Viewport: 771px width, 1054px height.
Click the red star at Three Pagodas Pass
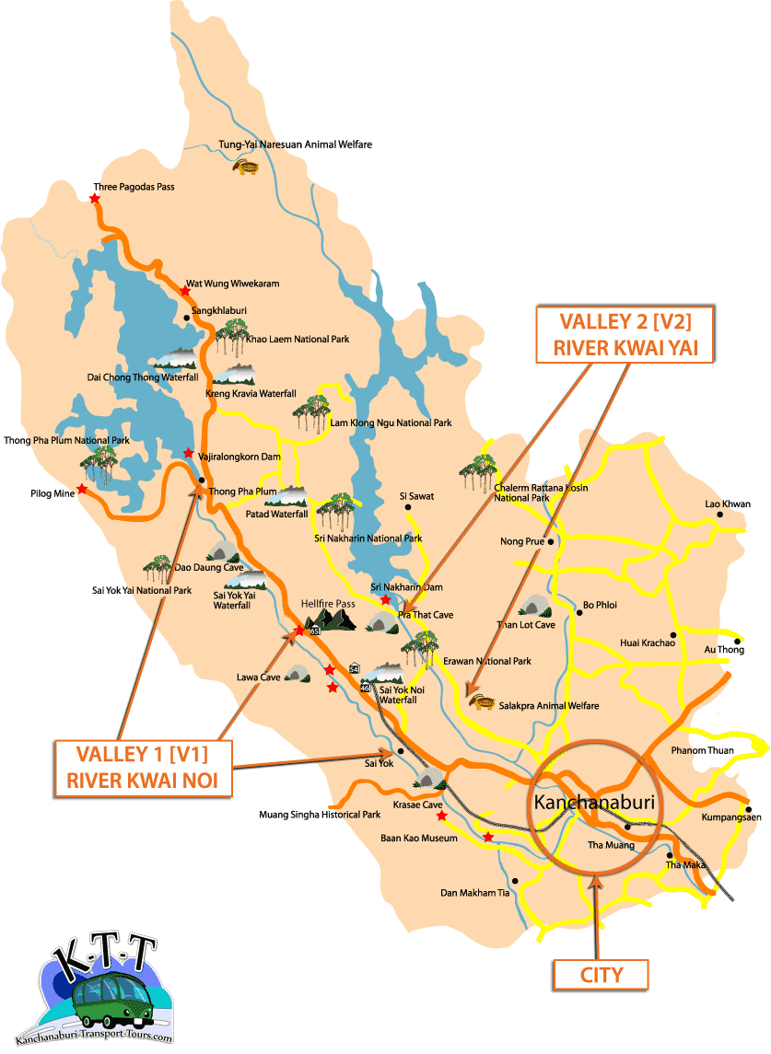[95, 198]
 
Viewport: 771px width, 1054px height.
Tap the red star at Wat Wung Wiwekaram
[185, 290]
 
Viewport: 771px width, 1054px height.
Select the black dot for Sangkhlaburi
[187, 319]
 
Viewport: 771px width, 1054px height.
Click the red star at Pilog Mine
[82, 489]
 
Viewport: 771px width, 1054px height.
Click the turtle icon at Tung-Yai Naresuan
[246, 167]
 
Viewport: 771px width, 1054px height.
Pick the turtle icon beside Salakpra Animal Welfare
[482, 704]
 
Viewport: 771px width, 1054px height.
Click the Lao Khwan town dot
[720, 515]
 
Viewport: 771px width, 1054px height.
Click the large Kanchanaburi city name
[594, 802]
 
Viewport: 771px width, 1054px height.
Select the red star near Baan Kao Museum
[487, 837]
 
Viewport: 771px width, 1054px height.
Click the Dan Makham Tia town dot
[516, 881]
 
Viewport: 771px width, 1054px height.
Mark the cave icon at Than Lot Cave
[534, 607]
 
